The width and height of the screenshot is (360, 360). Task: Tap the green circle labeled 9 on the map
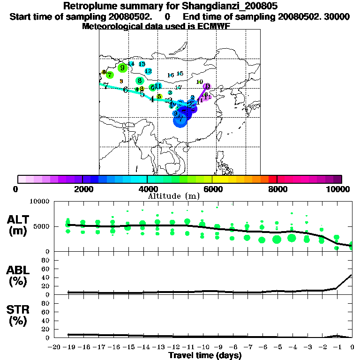(x=122, y=67)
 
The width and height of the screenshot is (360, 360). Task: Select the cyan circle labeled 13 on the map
(x=142, y=64)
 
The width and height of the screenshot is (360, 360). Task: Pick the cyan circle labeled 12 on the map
(x=148, y=71)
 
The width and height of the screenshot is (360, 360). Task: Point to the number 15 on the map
(x=180, y=74)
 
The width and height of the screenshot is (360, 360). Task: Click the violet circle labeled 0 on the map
(x=207, y=86)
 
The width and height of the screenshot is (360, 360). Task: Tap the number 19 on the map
(x=199, y=82)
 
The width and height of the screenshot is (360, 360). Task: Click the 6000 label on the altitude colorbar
(x=213, y=189)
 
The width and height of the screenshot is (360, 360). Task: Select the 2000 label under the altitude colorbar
(x=82, y=189)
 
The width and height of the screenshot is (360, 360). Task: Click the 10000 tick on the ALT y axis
(x=40, y=202)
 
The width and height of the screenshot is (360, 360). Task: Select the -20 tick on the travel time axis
(x=54, y=347)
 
